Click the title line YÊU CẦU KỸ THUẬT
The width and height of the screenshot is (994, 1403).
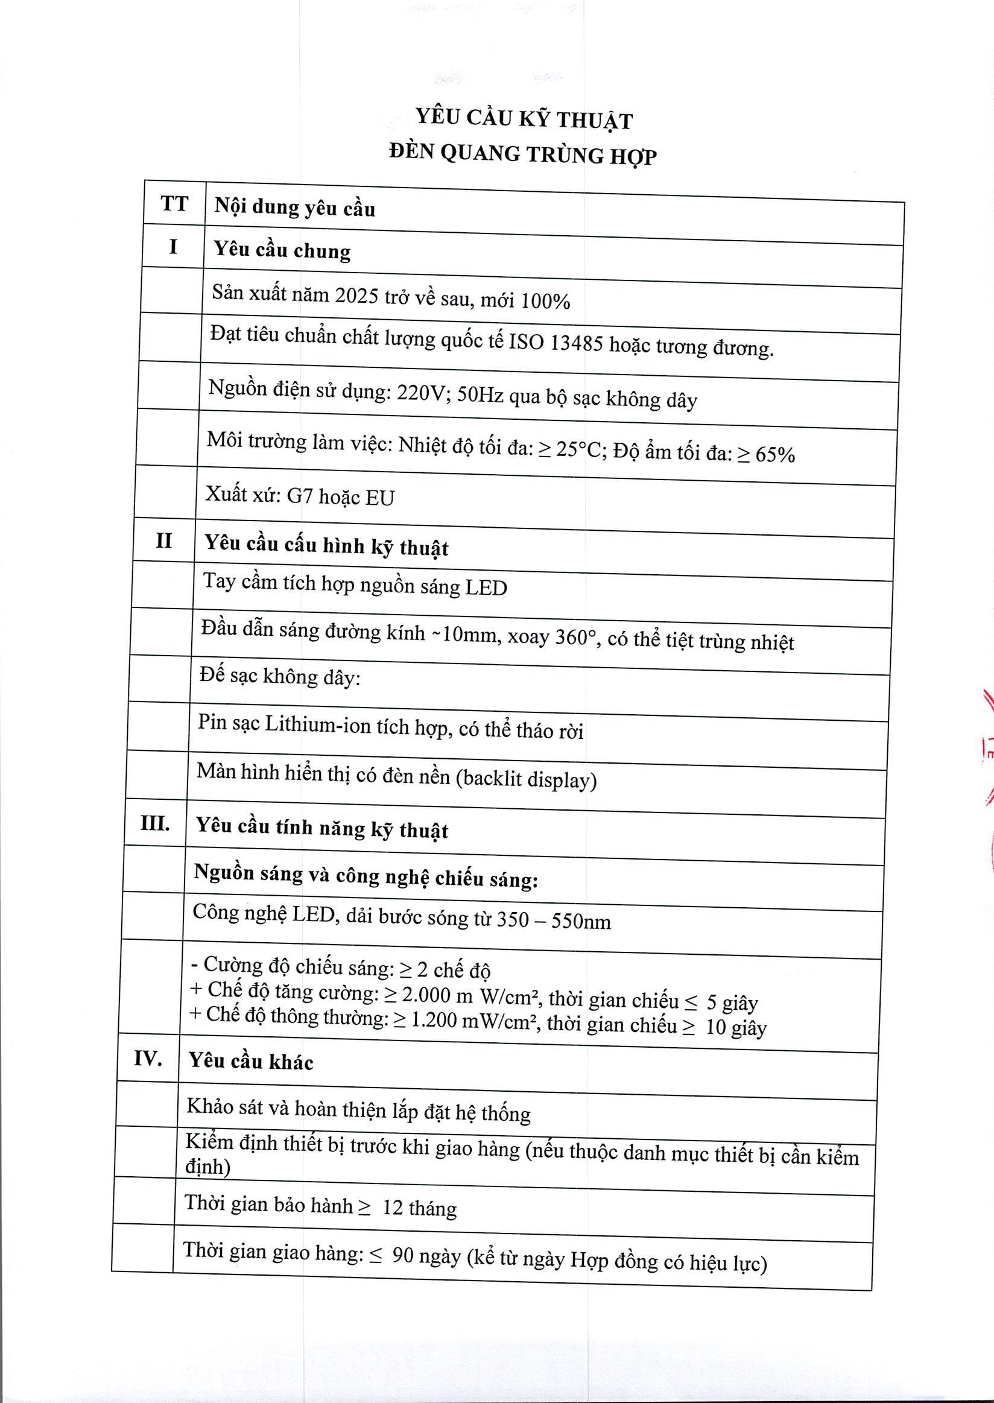point(524,118)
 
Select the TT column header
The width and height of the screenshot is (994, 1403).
point(174,203)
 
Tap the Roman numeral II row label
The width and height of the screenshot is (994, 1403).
point(163,540)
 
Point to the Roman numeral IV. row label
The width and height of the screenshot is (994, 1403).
point(148,1058)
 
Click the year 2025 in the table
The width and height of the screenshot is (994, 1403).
point(356,296)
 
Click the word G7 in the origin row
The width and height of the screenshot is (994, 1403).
point(299,495)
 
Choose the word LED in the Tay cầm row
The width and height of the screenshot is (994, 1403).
point(486,588)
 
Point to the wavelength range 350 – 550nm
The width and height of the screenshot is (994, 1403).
point(553,920)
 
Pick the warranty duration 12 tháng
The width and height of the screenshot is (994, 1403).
point(419,1208)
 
